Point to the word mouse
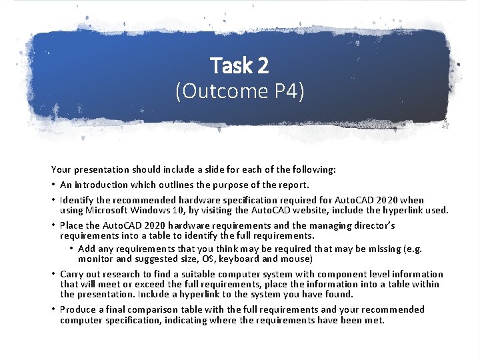click(x=296, y=259)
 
